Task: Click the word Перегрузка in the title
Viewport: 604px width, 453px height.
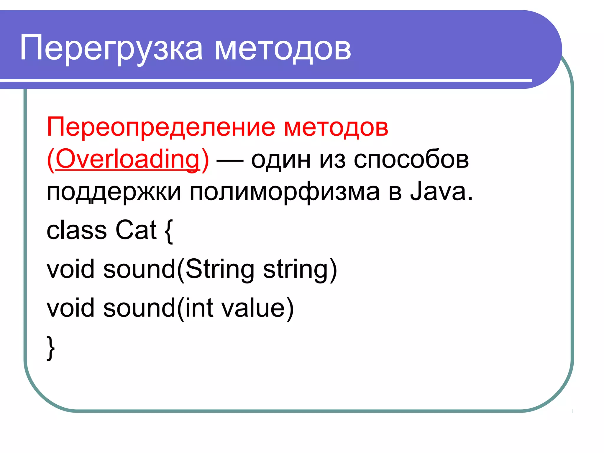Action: (111, 49)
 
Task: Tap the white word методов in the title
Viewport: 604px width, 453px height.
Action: (283, 49)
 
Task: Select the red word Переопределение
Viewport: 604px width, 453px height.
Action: (161, 128)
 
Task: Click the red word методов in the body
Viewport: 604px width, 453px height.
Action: (336, 128)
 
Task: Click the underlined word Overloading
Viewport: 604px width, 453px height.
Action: (128, 159)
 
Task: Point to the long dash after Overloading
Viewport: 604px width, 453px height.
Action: (230, 161)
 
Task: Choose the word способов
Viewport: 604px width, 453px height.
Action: (411, 160)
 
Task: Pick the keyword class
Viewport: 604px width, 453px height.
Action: (77, 230)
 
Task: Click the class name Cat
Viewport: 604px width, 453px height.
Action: (136, 230)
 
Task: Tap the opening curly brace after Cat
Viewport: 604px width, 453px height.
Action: (169, 232)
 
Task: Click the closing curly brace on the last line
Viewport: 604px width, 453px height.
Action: (51, 348)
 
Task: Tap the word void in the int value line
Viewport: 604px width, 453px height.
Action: (71, 308)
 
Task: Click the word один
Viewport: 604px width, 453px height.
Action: (281, 160)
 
